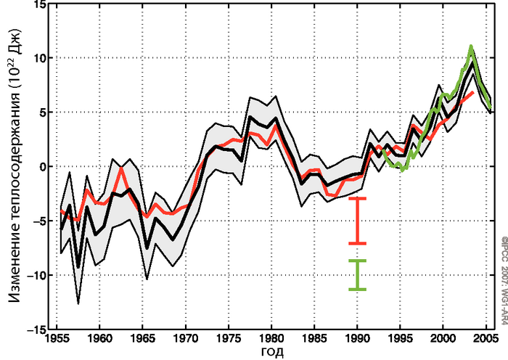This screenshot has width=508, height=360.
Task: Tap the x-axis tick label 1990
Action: click(357, 338)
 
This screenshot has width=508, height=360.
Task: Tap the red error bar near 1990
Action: click(356, 220)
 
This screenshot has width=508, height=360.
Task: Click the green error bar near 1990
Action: click(356, 275)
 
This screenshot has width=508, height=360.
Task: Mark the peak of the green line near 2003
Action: click(471, 46)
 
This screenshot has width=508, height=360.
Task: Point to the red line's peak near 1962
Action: click(121, 168)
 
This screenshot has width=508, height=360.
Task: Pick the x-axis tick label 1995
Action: click(400, 338)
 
